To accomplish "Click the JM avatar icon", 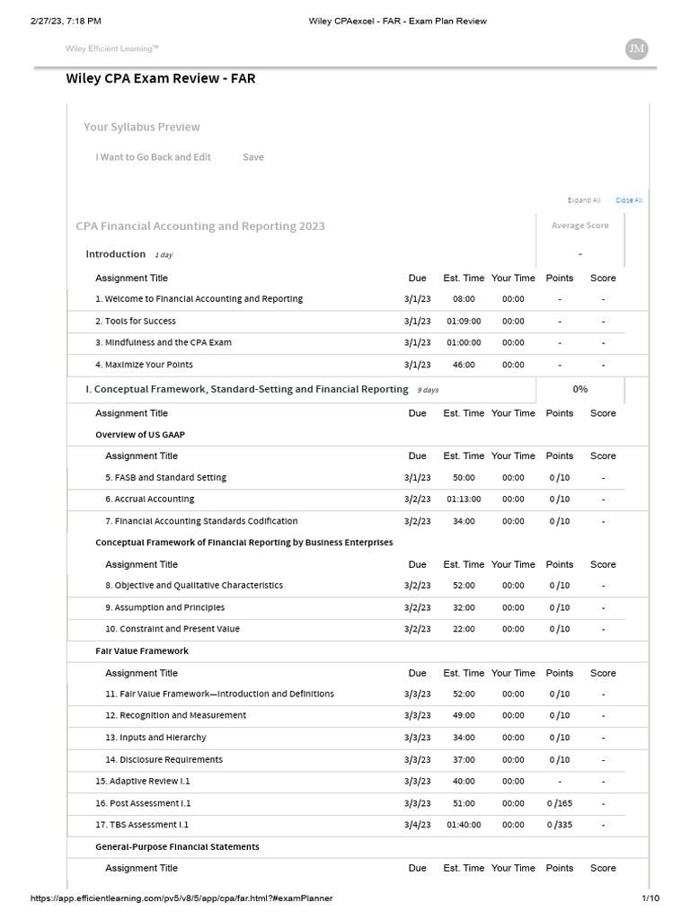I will click(636, 49).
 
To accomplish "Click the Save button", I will click(253, 157).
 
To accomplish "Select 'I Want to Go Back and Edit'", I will click(154, 157).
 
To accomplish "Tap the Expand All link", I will click(584, 200).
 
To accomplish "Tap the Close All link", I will click(629, 200).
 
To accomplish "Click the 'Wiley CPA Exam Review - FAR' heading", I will click(161, 78).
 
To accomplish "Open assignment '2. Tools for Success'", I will click(136, 321).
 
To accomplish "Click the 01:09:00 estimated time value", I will click(464, 321).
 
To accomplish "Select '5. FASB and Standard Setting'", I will click(165, 477).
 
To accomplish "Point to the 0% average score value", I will click(580, 389).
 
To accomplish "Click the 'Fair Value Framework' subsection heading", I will click(142, 650).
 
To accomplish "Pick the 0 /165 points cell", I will click(560, 803).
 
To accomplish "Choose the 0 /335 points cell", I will click(560, 825).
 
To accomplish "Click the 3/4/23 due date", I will click(418, 825).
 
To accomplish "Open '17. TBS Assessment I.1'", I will click(142, 825).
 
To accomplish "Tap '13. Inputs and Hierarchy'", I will click(155, 738).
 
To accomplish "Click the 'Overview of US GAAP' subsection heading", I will click(140, 434).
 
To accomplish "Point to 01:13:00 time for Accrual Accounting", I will click(464, 500).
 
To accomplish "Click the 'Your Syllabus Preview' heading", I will click(142, 128).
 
